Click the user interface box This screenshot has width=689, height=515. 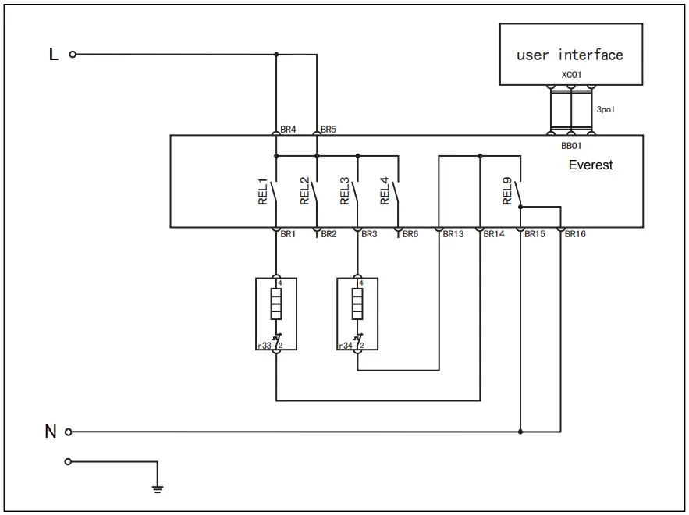[x=570, y=54]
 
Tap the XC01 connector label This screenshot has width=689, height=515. [x=571, y=76]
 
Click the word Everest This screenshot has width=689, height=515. [x=590, y=165]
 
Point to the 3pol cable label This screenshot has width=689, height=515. [x=606, y=110]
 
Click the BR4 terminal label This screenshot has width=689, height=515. [x=288, y=130]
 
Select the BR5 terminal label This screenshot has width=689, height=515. [x=328, y=130]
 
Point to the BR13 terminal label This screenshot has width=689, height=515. [x=453, y=234]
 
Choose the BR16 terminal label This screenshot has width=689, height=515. [x=575, y=234]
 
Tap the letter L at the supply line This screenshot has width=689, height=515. [x=53, y=55]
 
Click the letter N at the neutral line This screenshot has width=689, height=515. [x=51, y=432]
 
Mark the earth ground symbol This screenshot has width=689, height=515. [x=158, y=489]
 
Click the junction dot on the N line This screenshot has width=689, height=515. [x=520, y=431]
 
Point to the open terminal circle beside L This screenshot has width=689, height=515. [x=73, y=55]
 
